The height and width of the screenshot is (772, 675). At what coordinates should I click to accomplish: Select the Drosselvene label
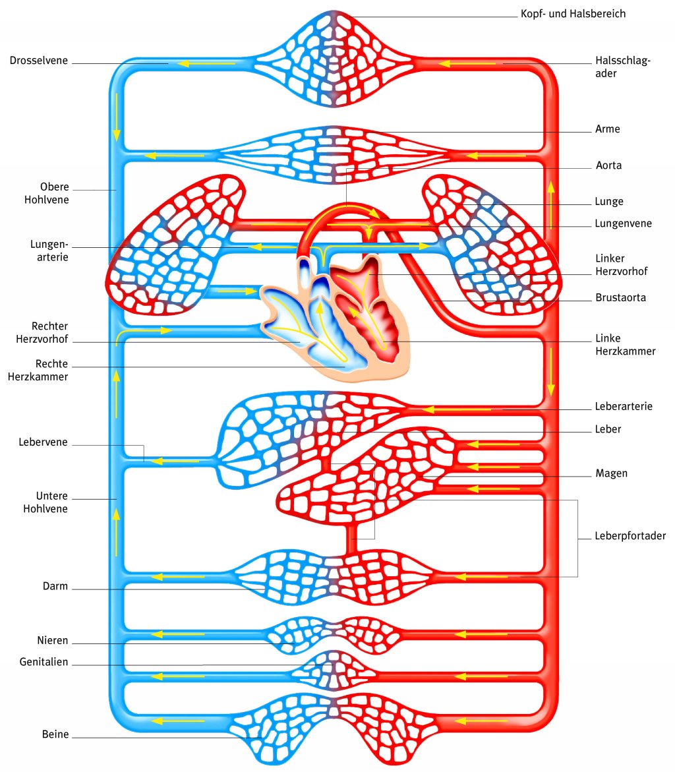[x=40, y=61]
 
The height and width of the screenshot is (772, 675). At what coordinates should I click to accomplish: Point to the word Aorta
[x=608, y=165]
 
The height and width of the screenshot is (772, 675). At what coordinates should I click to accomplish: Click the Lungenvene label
[x=623, y=223]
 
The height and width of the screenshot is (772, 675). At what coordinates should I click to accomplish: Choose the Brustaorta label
[x=620, y=297]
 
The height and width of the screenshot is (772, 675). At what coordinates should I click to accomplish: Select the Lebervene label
[x=44, y=442]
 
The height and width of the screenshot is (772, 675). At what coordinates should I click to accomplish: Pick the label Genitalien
[x=44, y=663]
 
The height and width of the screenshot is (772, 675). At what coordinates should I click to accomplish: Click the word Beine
[x=55, y=734]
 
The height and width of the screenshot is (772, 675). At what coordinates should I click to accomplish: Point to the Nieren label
[x=53, y=641]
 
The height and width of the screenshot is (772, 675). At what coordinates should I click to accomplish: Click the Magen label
[x=611, y=473]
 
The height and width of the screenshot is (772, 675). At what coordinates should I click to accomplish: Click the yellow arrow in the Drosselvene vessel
[x=204, y=63]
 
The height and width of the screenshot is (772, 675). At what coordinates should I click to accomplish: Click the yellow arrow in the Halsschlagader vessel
[x=467, y=63]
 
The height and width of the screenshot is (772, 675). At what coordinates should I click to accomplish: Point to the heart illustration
[x=336, y=316]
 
